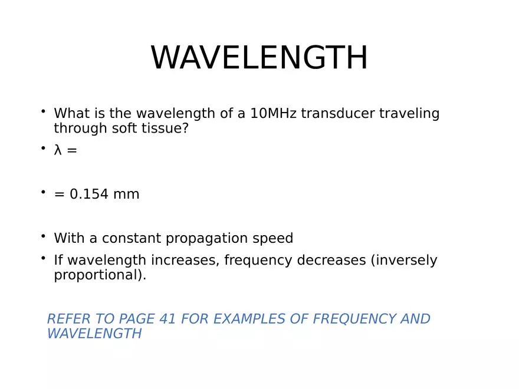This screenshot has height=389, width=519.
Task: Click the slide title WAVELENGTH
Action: [x=259, y=58]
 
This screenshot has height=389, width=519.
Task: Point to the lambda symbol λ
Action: [x=58, y=150]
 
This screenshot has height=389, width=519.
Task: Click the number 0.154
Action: [x=89, y=194]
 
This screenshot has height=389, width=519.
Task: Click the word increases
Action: [x=185, y=261]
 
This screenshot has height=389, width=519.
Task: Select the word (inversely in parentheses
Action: [x=404, y=261]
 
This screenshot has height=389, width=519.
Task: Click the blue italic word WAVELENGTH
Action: [x=94, y=334]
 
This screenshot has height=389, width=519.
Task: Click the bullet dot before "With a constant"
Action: [x=43, y=236]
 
